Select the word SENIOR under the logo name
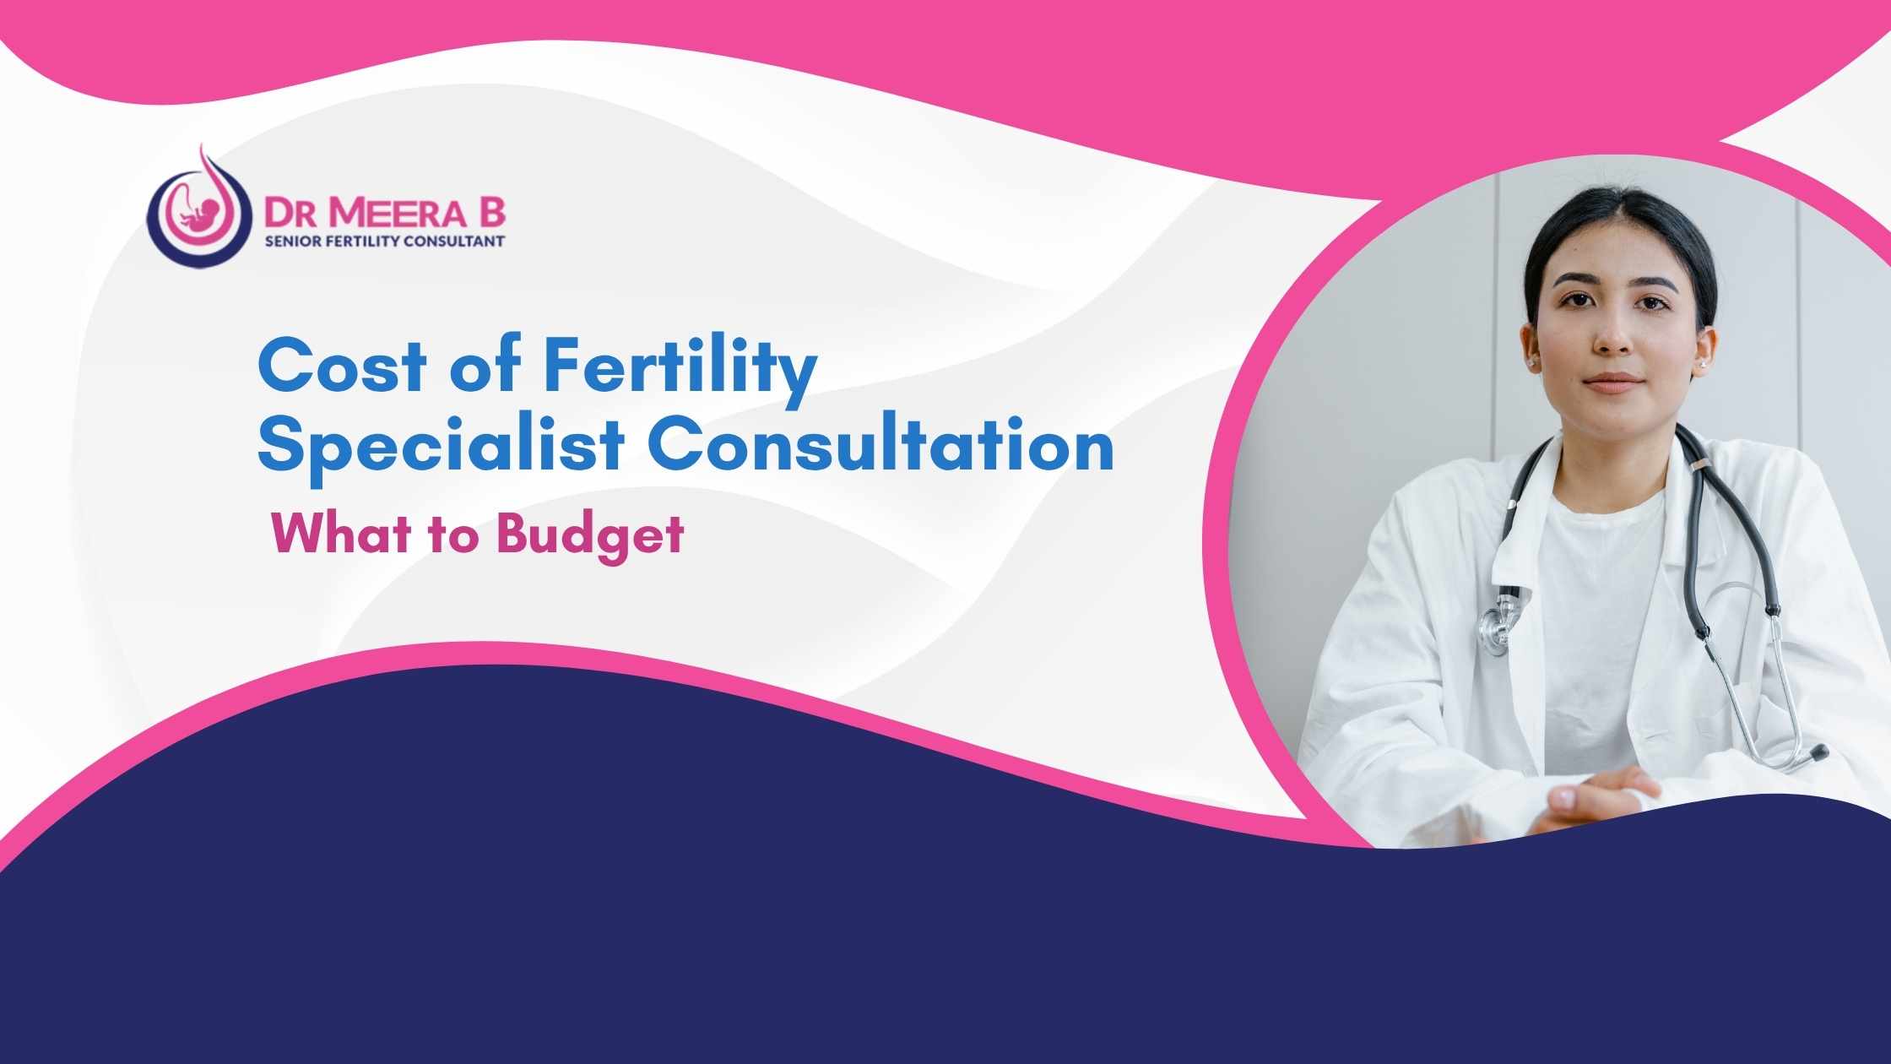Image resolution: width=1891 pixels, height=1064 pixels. [x=290, y=242]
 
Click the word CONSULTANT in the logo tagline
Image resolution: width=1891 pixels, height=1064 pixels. [x=463, y=242]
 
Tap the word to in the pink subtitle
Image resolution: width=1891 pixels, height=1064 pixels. [x=457, y=535]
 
